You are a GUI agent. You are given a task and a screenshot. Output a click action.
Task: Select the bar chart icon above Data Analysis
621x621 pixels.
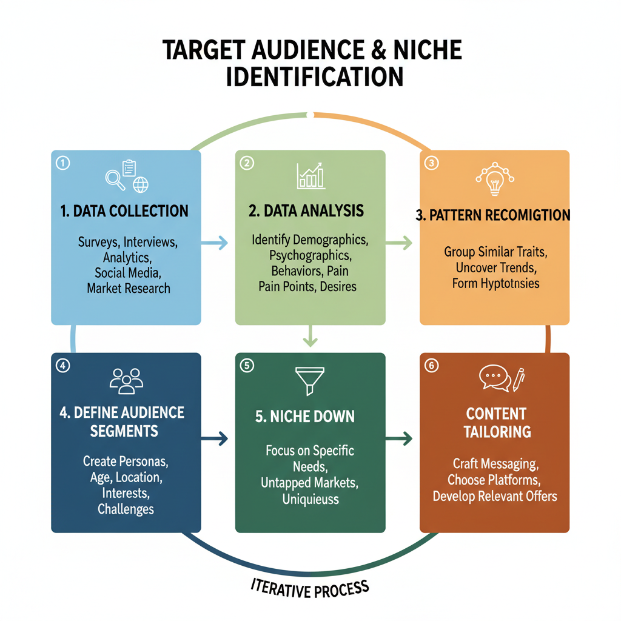(x=310, y=175)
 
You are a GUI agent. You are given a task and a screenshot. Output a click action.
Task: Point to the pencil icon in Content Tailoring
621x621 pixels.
(x=519, y=379)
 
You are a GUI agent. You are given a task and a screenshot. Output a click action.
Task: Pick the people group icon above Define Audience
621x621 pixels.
(x=126, y=380)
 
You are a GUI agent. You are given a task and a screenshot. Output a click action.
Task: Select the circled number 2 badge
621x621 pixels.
(x=247, y=163)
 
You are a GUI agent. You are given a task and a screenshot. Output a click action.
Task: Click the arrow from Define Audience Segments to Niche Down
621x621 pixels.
(x=217, y=438)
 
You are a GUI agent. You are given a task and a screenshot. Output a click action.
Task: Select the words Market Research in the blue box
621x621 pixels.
(x=129, y=288)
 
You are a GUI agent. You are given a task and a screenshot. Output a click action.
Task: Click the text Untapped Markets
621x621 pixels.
(x=310, y=483)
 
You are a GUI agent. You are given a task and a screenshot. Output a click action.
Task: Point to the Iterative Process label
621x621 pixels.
(x=310, y=587)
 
